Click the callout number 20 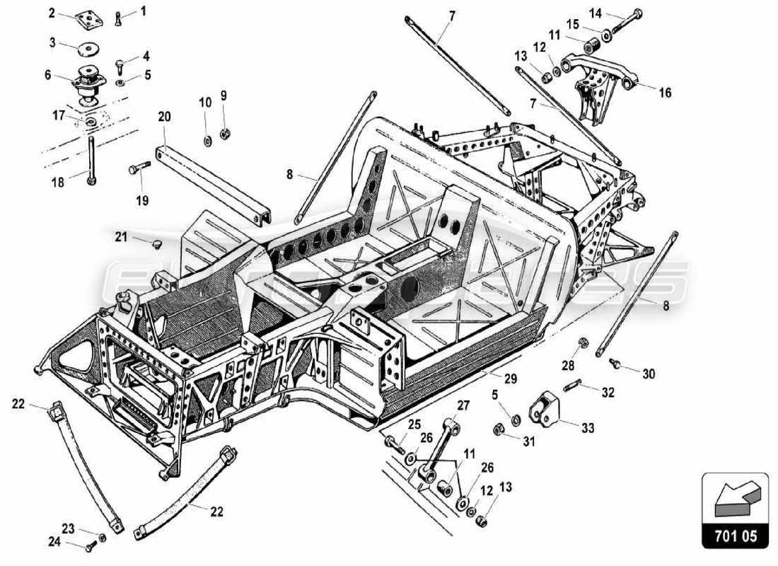[164, 117]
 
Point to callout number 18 [57, 182]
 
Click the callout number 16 [665, 93]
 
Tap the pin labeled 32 [572, 386]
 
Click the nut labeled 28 [583, 344]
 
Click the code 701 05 [735, 537]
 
